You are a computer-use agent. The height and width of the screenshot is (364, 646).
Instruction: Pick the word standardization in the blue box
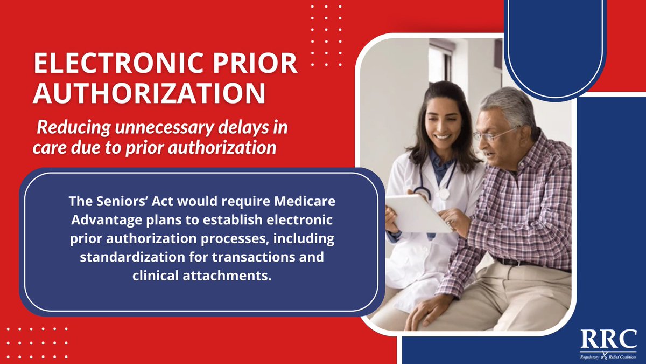125,257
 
